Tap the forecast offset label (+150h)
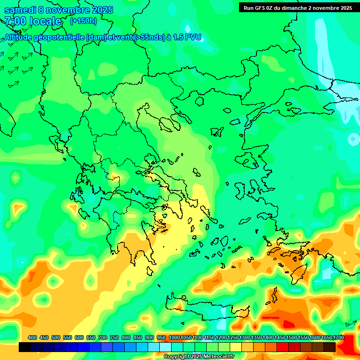coord(83,21)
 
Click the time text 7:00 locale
coord(33,21)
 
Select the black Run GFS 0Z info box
coord(298,7)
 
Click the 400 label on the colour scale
coord(32,337)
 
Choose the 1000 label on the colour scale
coord(174,337)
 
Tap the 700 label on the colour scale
coord(103,337)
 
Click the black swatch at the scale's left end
coord(25,347)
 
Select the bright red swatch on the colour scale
coord(283,347)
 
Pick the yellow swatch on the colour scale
coord(236,347)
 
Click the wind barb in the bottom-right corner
coord(351,323)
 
